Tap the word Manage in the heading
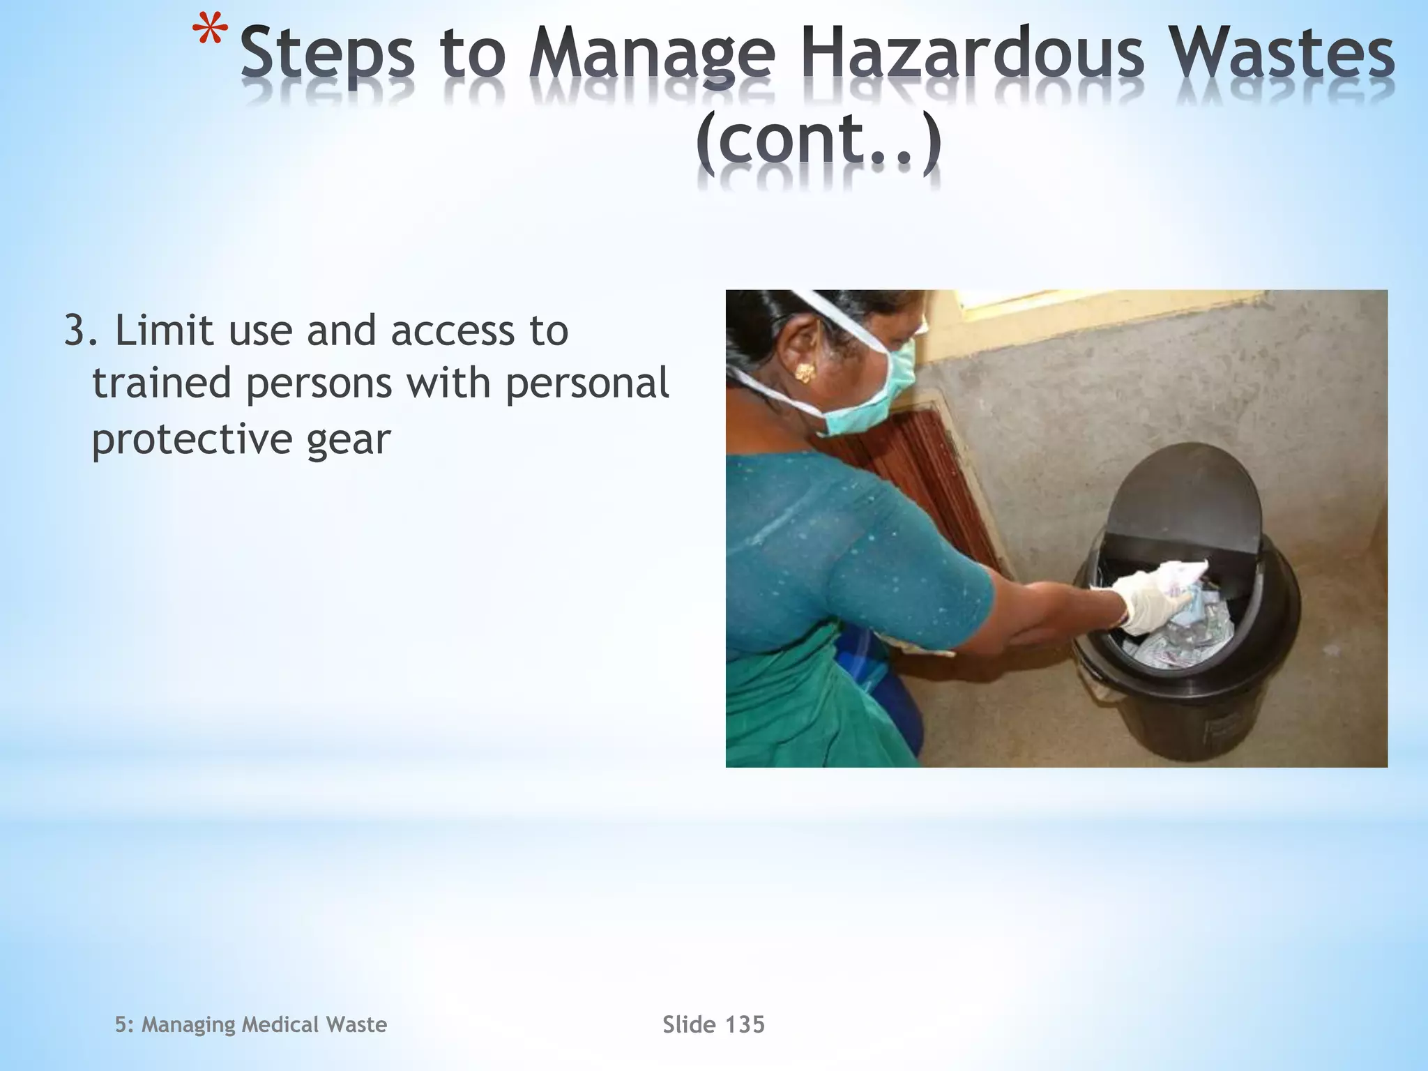pos(651,56)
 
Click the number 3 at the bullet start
pos(76,331)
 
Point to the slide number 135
pos(745,1024)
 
